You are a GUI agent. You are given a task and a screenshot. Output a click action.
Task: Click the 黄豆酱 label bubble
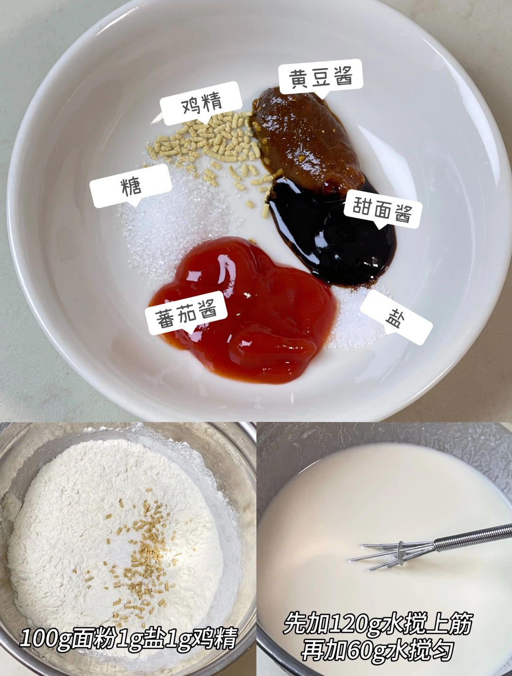[320, 78]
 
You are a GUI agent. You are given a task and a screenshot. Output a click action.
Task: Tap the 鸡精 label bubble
[201, 103]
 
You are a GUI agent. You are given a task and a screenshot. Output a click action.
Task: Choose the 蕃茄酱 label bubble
[186, 313]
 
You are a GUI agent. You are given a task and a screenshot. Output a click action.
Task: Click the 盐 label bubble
[396, 317]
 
